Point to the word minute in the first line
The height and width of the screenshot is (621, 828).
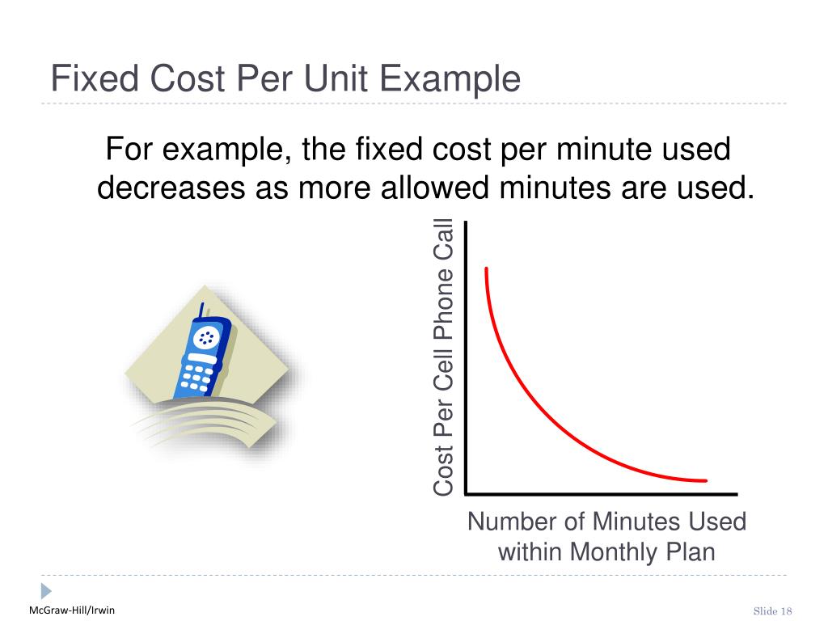point(578,150)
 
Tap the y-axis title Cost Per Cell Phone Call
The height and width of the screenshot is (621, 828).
point(444,357)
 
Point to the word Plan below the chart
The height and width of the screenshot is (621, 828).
point(690,552)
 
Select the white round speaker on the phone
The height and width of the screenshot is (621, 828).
point(207,336)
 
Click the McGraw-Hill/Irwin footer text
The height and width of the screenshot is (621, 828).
point(72,610)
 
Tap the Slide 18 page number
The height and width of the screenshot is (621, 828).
point(772,610)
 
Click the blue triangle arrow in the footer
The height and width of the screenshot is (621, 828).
point(45,590)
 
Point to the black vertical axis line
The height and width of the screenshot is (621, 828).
point(465,356)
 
